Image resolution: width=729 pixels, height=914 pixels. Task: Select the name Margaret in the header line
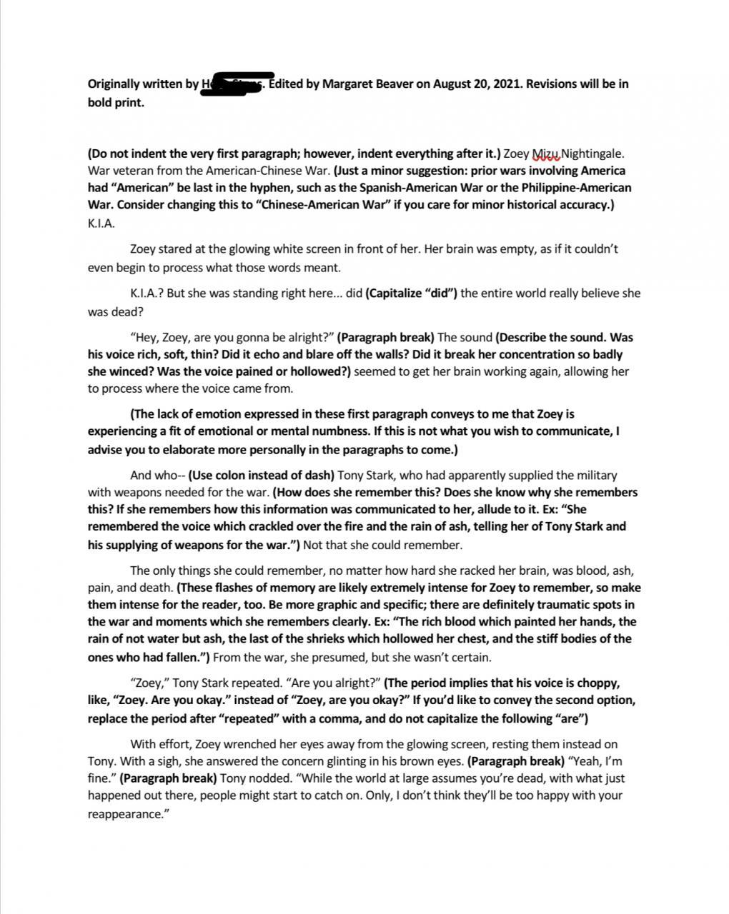click(x=348, y=84)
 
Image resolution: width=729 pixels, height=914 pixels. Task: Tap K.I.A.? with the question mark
click(x=149, y=293)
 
